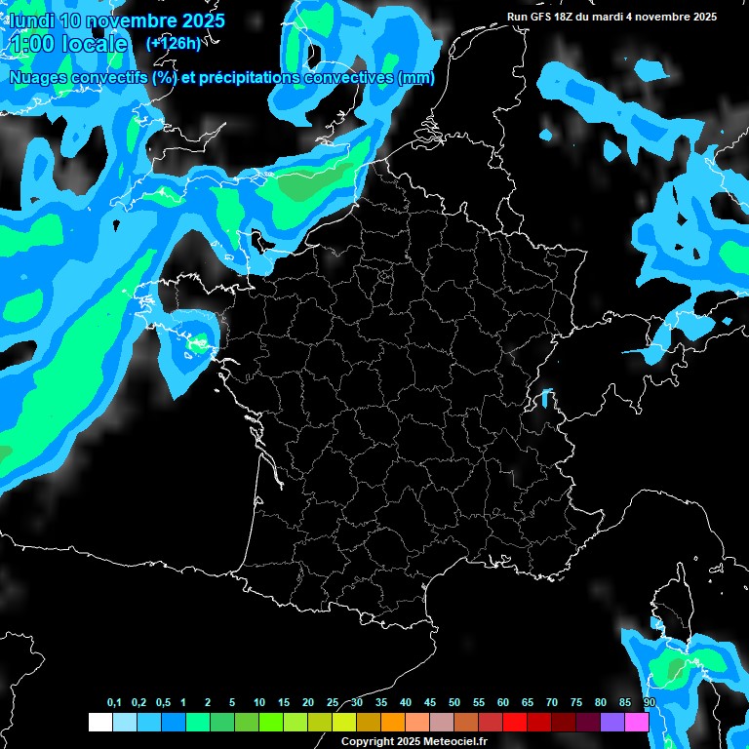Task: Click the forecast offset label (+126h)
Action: [x=173, y=43]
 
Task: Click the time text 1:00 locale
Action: [x=68, y=44]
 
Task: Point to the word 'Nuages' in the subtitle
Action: [x=38, y=78]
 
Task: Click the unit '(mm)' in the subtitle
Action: [x=416, y=78]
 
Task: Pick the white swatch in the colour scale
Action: [x=99, y=722]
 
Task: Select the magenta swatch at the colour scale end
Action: [x=637, y=722]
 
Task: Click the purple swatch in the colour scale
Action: [x=612, y=722]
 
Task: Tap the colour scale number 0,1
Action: [x=114, y=703]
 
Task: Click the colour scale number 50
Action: [x=454, y=703]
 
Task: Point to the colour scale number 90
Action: [x=650, y=703]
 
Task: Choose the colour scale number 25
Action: [x=333, y=703]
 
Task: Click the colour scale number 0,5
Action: [x=163, y=703]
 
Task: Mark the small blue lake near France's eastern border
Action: [x=544, y=398]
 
